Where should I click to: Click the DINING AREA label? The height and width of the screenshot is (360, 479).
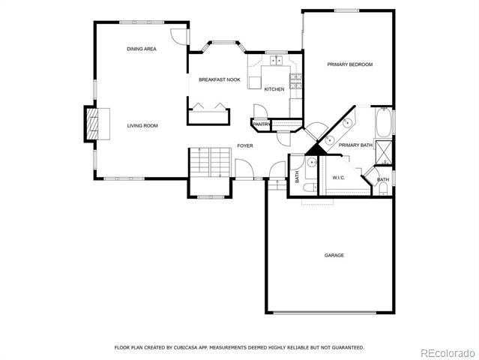tap(142, 49)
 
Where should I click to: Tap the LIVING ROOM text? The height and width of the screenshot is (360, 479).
tap(142, 125)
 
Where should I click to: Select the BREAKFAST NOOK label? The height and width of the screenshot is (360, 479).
tap(220, 79)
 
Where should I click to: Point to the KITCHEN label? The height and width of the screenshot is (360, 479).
tap(274, 89)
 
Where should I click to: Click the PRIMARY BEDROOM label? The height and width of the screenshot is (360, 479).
tap(350, 64)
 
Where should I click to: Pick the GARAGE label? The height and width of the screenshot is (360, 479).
tap(334, 255)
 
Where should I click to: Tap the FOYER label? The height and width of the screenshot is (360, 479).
tap(245, 145)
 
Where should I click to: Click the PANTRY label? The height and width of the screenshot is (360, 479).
tap(261, 124)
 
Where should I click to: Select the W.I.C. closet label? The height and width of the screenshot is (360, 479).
tap(339, 178)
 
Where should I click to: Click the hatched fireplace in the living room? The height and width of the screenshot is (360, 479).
tap(92, 124)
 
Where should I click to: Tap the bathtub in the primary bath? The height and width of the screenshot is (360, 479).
tap(383, 122)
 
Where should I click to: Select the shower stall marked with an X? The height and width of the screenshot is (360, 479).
tap(383, 152)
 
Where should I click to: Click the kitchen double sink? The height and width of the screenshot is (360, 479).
tap(277, 61)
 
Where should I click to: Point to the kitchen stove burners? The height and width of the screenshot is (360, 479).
tap(295, 81)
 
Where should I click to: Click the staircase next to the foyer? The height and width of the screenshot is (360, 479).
tap(210, 162)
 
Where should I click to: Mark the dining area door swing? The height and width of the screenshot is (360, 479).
tap(178, 37)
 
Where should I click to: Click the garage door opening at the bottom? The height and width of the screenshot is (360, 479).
tap(325, 313)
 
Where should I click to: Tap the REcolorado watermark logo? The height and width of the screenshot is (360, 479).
tap(448, 353)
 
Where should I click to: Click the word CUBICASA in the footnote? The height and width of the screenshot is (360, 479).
tap(185, 348)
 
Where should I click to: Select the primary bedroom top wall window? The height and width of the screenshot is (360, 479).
tap(347, 10)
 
